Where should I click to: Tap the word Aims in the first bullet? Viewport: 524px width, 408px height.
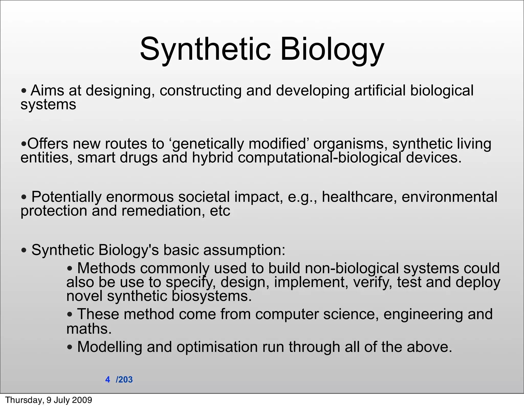tap(47, 91)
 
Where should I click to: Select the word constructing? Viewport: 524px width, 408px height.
tap(201, 91)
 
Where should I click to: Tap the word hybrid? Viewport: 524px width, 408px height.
tap(213, 158)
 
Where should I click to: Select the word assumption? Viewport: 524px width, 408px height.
tap(244, 250)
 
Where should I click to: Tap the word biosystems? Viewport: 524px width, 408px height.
tap(212, 296)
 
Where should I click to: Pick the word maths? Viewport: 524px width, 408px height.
tap(89, 329)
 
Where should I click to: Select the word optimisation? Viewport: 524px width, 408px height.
tap(217, 347)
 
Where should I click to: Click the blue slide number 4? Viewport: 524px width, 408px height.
tap(107, 380)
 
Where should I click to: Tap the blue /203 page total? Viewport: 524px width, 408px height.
tap(124, 380)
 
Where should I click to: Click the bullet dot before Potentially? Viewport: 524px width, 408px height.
tap(24, 197)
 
